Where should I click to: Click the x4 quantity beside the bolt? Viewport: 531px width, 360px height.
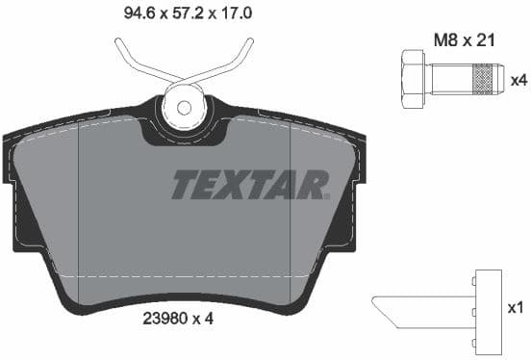(x=518, y=80)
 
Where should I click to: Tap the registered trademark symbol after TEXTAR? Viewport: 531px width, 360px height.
(x=326, y=195)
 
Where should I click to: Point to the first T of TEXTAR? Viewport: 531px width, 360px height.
(x=185, y=184)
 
